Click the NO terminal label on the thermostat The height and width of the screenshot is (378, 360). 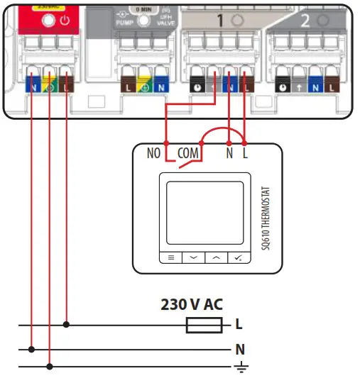pyautogui.click(x=153, y=152)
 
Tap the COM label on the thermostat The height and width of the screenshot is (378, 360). pyautogui.click(x=188, y=152)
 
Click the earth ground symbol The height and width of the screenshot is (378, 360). pyautogui.click(x=240, y=367)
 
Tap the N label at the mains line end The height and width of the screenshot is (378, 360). pyautogui.click(x=240, y=349)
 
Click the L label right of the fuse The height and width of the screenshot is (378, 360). pyautogui.click(x=239, y=325)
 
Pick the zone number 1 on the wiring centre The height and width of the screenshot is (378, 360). pyautogui.click(x=219, y=22)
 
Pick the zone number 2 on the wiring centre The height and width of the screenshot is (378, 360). pyautogui.click(x=305, y=22)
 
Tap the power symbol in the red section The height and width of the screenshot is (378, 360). pyautogui.click(x=65, y=21)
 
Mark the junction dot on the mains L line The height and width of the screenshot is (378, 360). pyautogui.click(x=66, y=325)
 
